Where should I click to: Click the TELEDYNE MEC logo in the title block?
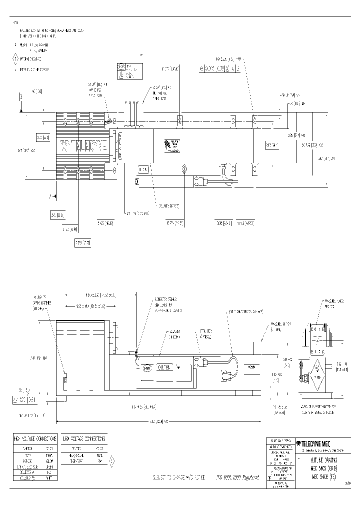click(315, 443)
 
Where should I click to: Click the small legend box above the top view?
click(128, 71)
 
